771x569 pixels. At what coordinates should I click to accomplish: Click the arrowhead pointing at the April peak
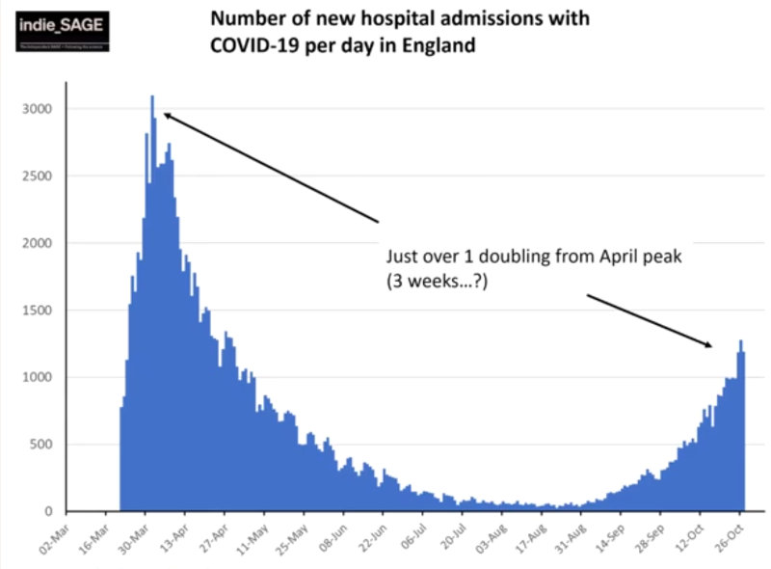tap(167, 115)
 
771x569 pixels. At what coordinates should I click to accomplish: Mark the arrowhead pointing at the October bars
tap(709, 344)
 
